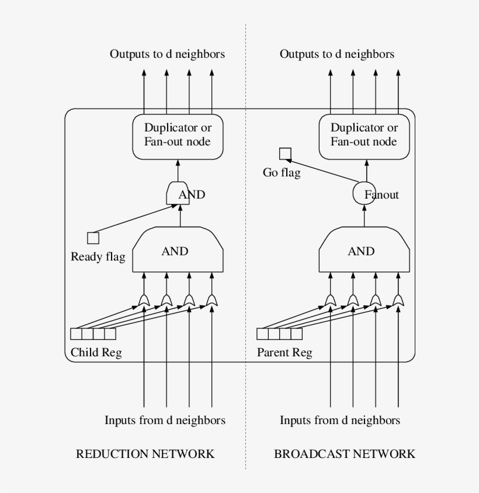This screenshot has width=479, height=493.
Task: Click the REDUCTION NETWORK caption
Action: (x=145, y=454)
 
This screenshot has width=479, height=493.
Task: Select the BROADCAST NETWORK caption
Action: (x=345, y=454)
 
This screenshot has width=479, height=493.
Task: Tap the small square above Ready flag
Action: (x=93, y=238)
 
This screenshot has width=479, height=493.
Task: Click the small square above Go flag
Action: (x=285, y=154)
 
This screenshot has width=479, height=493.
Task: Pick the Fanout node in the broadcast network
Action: (x=365, y=195)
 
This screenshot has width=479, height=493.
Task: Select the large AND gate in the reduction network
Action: (x=178, y=251)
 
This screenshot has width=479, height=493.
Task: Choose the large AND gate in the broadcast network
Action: (x=364, y=251)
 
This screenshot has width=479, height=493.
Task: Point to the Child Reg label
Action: (x=96, y=353)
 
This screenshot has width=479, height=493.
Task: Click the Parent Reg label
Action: (x=284, y=353)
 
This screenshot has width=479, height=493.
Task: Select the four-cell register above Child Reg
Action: (x=93, y=334)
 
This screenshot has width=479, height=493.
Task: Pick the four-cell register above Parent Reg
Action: (x=280, y=334)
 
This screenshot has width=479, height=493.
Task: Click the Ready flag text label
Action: (x=98, y=257)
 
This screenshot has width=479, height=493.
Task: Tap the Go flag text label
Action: (x=282, y=173)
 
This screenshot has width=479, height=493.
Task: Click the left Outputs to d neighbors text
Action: (x=167, y=54)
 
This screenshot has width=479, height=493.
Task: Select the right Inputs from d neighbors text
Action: (x=339, y=421)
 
